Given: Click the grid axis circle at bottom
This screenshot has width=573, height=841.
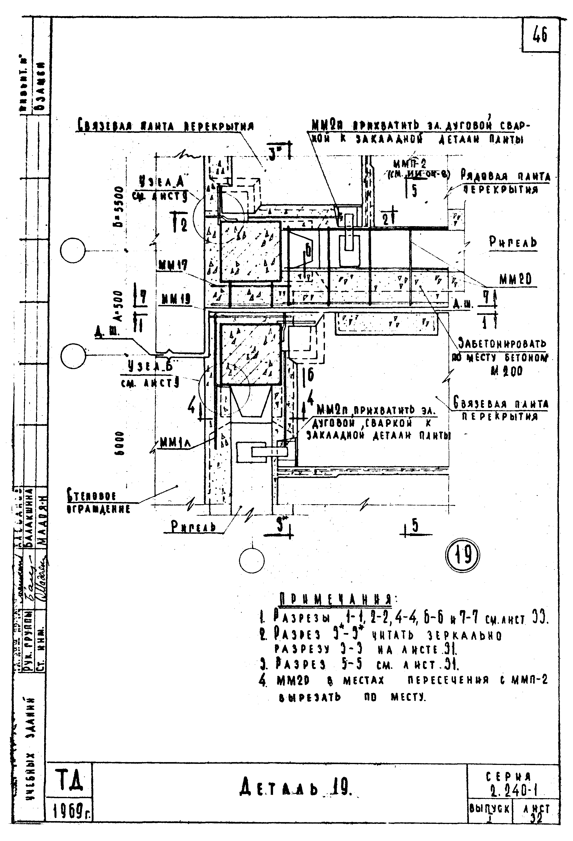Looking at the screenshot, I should pos(252,560).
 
